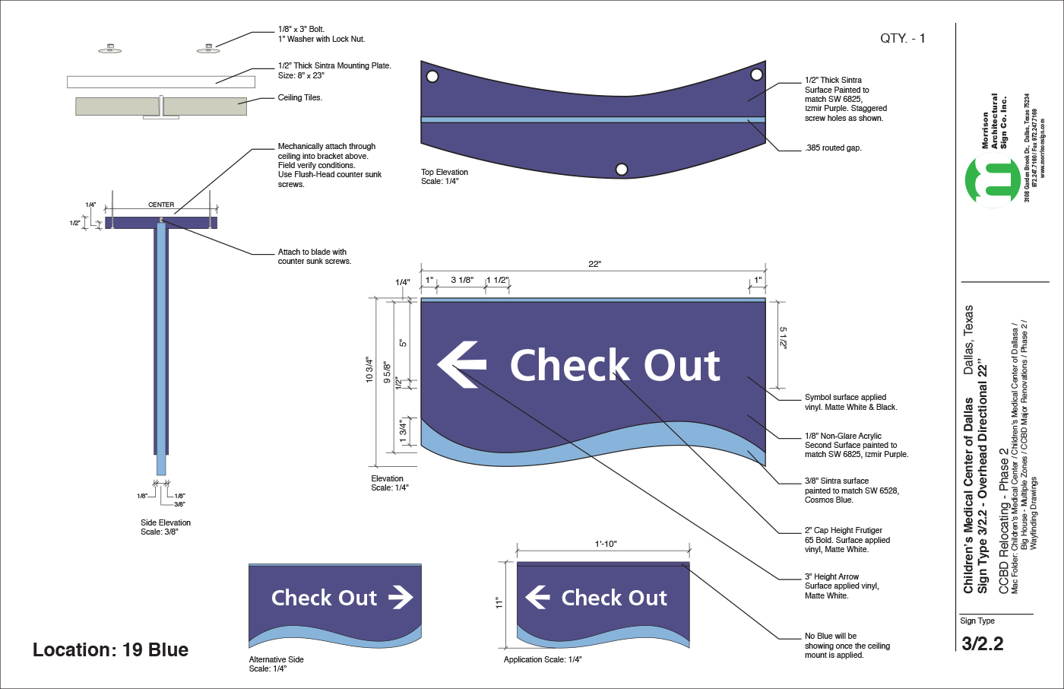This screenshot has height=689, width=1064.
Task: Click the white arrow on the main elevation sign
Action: (x=461, y=364)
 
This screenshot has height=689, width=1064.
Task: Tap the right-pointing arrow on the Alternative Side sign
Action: (x=401, y=598)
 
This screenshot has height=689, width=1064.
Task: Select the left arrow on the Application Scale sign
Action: (x=537, y=597)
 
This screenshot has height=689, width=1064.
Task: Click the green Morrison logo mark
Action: (x=993, y=182)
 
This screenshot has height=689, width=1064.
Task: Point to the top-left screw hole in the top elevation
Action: (x=432, y=76)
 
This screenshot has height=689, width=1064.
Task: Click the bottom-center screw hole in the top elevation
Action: (x=622, y=169)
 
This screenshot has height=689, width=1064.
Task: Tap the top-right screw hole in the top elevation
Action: (x=756, y=74)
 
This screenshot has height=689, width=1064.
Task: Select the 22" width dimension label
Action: (x=594, y=264)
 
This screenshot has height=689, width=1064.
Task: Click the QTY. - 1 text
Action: (x=902, y=38)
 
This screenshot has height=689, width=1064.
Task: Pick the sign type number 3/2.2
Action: (x=982, y=643)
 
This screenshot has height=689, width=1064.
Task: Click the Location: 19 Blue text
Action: (x=110, y=649)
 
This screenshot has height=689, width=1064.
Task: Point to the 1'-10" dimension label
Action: (x=605, y=544)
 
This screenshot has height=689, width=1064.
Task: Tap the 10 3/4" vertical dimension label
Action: (x=369, y=370)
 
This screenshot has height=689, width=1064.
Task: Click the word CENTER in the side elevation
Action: (x=161, y=205)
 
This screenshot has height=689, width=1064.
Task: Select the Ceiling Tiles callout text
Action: (x=299, y=97)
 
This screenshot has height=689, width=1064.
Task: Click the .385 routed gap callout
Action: (x=832, y=148)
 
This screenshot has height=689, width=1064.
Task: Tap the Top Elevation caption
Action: (x=445, y=172)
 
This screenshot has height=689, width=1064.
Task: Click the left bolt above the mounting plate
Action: (x=110, y=49)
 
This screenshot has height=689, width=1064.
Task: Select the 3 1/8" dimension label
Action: (x=462, y=280)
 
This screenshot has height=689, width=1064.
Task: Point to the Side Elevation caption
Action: (x=166, y=522)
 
